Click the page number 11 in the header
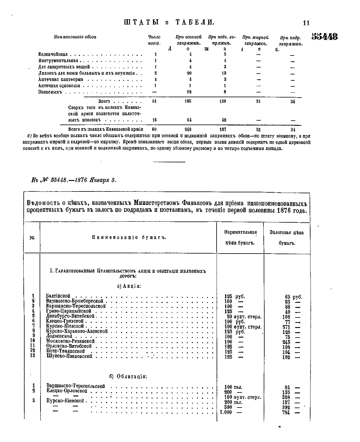(x=306, y=23)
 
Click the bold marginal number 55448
(x=325, y=37)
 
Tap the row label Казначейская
(x=53, y=55)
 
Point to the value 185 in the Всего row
(x=188, y=101)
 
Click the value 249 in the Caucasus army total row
(x=188, y=130)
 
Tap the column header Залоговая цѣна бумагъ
(x=287, y=238)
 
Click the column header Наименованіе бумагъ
(x=129, y=238)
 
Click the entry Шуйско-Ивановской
(x=69, y=356)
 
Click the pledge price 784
(x=286, y=412)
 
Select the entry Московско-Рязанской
(x=70, y=341)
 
